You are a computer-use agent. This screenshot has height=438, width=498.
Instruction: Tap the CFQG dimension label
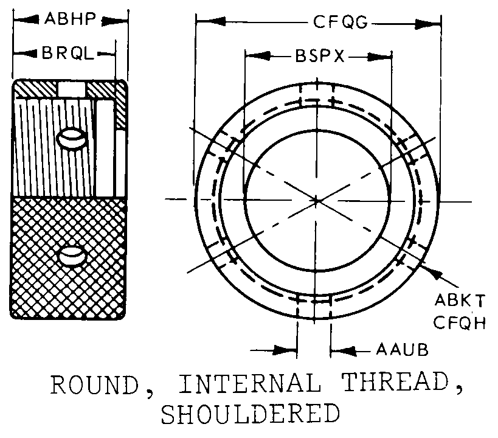(x=341, y=23)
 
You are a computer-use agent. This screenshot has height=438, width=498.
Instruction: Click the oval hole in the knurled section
(x=72, y=256)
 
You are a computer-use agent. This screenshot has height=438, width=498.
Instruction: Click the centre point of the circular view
(x=316, y=200)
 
